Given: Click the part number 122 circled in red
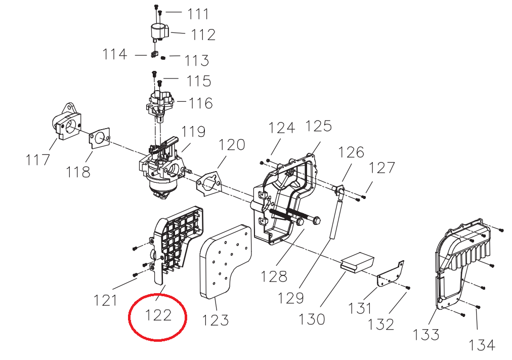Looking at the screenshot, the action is click(x=158, y=315).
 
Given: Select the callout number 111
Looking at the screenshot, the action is click(x=198, y=14).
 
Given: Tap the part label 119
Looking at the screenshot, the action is click(x=193, y=132).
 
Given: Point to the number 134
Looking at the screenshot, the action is click(x=482, y=345).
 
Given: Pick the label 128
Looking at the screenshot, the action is click(x=274, y=276).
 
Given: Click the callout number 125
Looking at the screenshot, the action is click(x=319, y=126).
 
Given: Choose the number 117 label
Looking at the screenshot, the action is click(x=37, y=160).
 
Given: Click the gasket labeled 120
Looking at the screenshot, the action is click(x=208, y=183).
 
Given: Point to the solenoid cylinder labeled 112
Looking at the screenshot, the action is click(x=159, y=32).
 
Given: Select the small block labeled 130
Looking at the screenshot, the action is click(x=357, y=262).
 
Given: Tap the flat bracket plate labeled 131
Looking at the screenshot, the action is click(x=391, y=274).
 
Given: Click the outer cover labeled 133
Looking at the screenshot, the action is click(x=463, y=265).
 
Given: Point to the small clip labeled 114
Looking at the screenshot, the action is click(x=155, y=54).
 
